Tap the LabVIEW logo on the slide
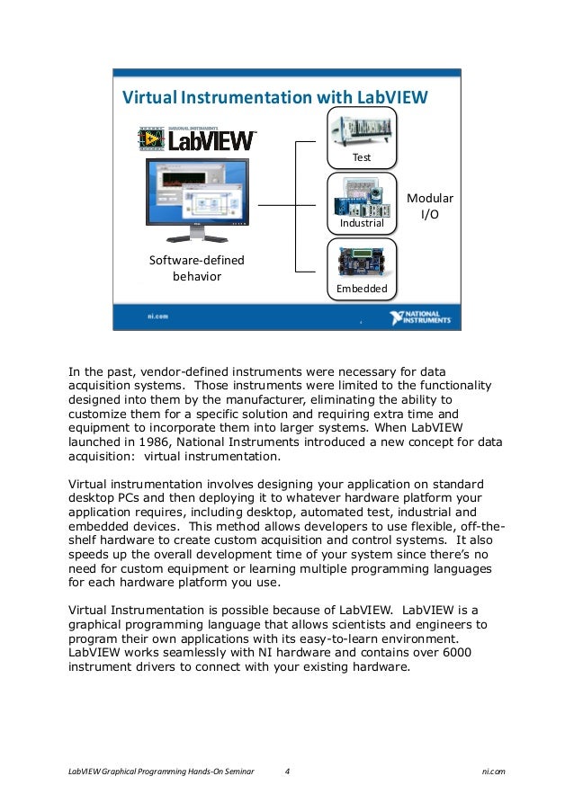198,139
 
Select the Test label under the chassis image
362,157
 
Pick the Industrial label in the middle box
362,222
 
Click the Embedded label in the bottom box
362,289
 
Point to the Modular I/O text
431,207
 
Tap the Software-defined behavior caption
196,268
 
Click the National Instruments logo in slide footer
420,318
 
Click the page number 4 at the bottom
287,772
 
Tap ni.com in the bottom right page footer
493,772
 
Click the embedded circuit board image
362,262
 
